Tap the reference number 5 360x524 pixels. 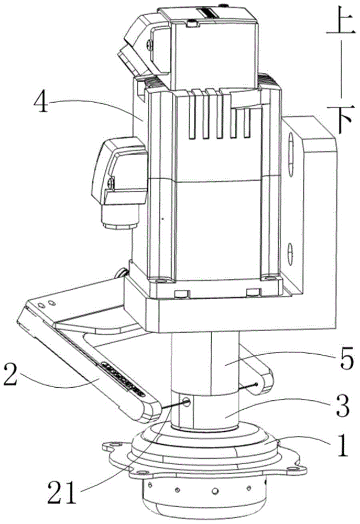tap(342, 360)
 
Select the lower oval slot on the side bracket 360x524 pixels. tap(290, 254)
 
